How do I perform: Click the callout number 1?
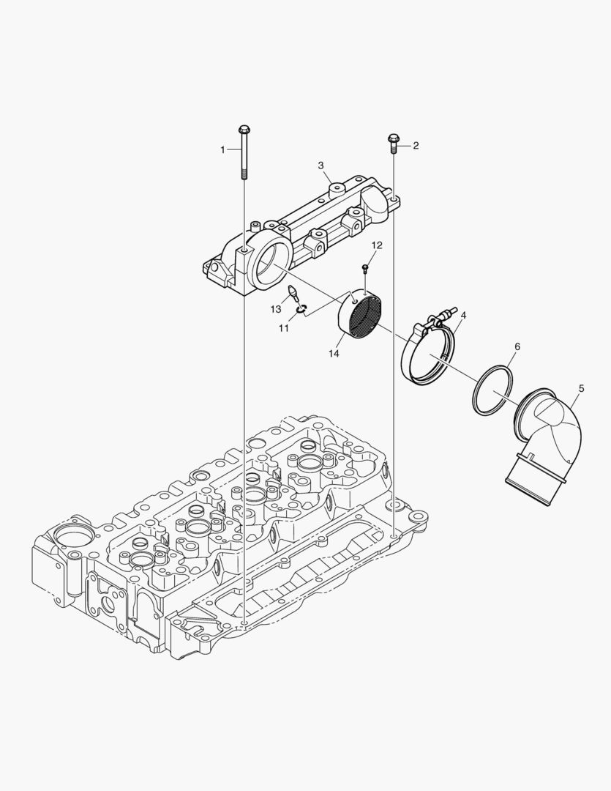(x=222, y=149)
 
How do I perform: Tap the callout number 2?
(x=416, y=146)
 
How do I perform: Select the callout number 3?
(x=321, y=166)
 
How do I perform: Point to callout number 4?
(x=463, y=315)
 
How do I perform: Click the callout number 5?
(x=581, y=388)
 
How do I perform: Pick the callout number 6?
(x=517, y=347)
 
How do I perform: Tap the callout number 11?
(x=284, y=328)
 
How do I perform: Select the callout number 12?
(x=377, y=245)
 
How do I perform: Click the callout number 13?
(x=275, y=309)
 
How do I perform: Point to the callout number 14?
(x=334, y=354)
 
